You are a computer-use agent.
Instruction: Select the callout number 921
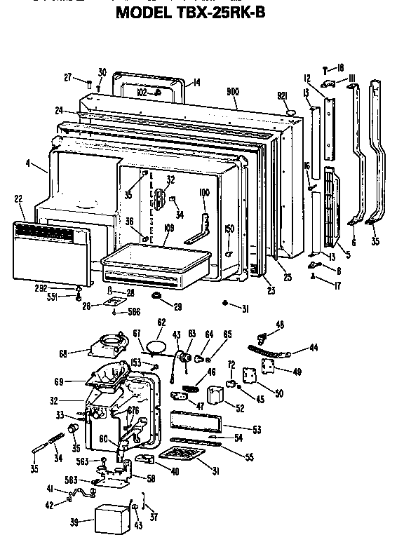tap(283, 95)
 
